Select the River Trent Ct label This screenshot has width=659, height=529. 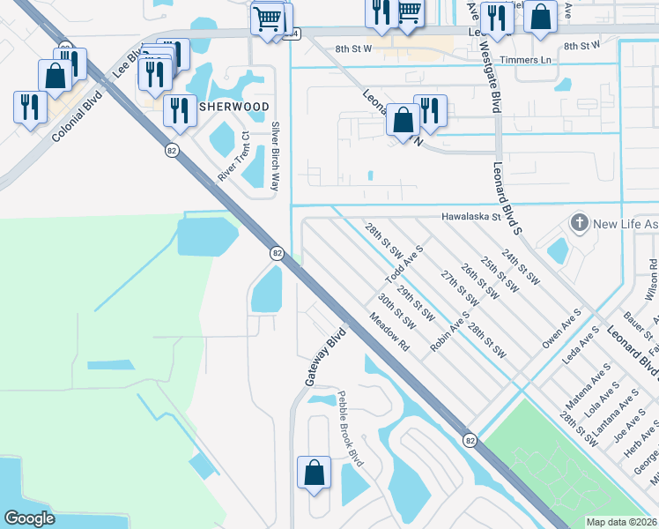[233, 160]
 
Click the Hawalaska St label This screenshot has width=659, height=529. [471, 215]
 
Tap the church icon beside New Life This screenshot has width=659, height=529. [579, 223]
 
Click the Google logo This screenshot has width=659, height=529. [30, 518]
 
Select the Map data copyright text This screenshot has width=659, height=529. [621, 522]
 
